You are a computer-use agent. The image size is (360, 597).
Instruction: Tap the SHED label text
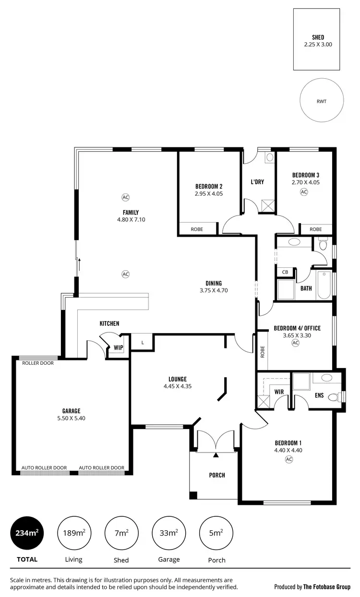[x=318, y=37]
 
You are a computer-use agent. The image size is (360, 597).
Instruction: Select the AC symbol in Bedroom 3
[x=303, y=192]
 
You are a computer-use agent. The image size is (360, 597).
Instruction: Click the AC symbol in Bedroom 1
[x=289, y=459]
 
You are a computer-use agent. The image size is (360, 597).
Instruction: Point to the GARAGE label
[x=71, y=411]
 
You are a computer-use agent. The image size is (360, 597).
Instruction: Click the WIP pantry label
[x=118, y=348]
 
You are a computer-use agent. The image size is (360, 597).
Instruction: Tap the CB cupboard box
[x=285, y=272]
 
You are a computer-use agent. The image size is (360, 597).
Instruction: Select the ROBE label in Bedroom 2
[x=197, y=229]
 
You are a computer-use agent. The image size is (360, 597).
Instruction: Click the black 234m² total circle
[x=27, y=533]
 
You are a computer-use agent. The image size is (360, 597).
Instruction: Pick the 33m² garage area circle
[x=168, y=533]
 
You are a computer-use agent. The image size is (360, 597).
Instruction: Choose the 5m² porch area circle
[x=216, y=533]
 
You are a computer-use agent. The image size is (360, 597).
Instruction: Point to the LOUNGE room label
[x=177, y=379]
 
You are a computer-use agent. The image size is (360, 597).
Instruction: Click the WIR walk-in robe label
[x=278, y=392]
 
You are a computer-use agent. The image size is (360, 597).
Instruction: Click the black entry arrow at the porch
[x=216, y=454]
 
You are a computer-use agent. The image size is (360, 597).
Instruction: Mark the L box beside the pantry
[x=143, y=343]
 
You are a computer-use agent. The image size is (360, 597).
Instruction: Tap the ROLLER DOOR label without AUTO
[x=38, y=363]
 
